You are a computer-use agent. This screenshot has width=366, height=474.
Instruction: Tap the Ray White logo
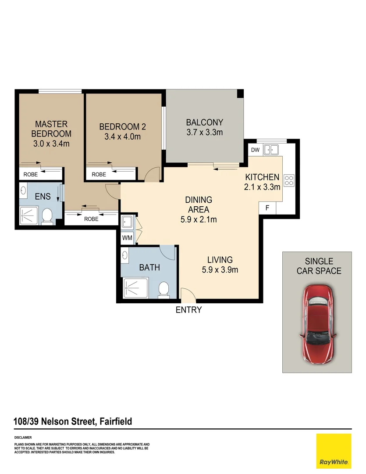pos(334,451)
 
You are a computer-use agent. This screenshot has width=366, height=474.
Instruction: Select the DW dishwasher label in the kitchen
pos(255,150)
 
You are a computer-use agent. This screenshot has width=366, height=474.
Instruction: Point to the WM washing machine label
pos(127,238)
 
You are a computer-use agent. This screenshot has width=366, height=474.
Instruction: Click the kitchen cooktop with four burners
pos(289,180)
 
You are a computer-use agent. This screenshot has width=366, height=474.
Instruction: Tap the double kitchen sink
pos(272,150)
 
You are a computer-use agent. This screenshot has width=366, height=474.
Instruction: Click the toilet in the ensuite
pos(47,215)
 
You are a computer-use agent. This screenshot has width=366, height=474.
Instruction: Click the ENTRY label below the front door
pos(188,310)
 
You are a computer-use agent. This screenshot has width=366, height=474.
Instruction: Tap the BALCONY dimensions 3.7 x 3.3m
pos(204,132)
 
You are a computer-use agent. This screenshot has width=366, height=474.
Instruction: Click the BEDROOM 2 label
pos(122,127)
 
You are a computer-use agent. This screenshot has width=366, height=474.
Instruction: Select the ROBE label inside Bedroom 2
pos(99,174)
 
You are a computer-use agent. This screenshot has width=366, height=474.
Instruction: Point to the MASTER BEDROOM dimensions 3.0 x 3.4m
pos(52,143)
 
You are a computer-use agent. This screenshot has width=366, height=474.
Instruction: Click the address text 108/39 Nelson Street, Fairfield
pos(73,422)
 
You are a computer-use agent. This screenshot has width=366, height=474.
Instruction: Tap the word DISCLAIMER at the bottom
pos(23,438)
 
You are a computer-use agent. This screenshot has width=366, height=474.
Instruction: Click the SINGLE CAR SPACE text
pos(318,266)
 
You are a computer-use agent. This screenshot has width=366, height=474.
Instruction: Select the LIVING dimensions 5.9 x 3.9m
pos(220,270)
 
